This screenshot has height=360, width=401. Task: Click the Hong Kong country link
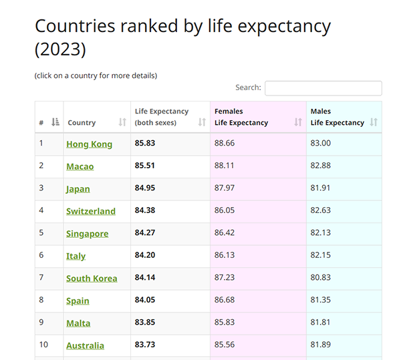coord(89,144)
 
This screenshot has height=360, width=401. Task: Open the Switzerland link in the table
coord(91,211)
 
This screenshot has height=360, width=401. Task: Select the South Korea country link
coord(92,279)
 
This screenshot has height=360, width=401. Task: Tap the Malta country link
coord(78,323)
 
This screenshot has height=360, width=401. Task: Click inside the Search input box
coord(323,88)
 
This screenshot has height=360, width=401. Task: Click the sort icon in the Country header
coord(122,122)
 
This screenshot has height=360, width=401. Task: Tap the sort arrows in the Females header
coord(298,122)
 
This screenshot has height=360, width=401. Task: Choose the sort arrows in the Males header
coord(374,122)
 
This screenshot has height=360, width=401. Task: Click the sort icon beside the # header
coord(55,122)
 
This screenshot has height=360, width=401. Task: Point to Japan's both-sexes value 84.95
coord(145,188)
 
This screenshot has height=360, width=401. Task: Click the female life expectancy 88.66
coord(225,144)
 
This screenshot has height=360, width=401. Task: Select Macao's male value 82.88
coord(321,166)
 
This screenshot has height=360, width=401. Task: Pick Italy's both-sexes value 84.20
coord(145,255)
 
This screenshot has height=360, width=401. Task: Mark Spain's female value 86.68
coord(225,300)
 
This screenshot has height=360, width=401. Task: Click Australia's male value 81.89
coord(321,345)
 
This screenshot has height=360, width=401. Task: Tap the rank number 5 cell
coord(41,233)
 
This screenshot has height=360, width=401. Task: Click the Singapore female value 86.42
coord(225,233)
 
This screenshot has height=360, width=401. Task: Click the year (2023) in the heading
coord(60,50)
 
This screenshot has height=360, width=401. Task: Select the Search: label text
coord(248,87)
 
